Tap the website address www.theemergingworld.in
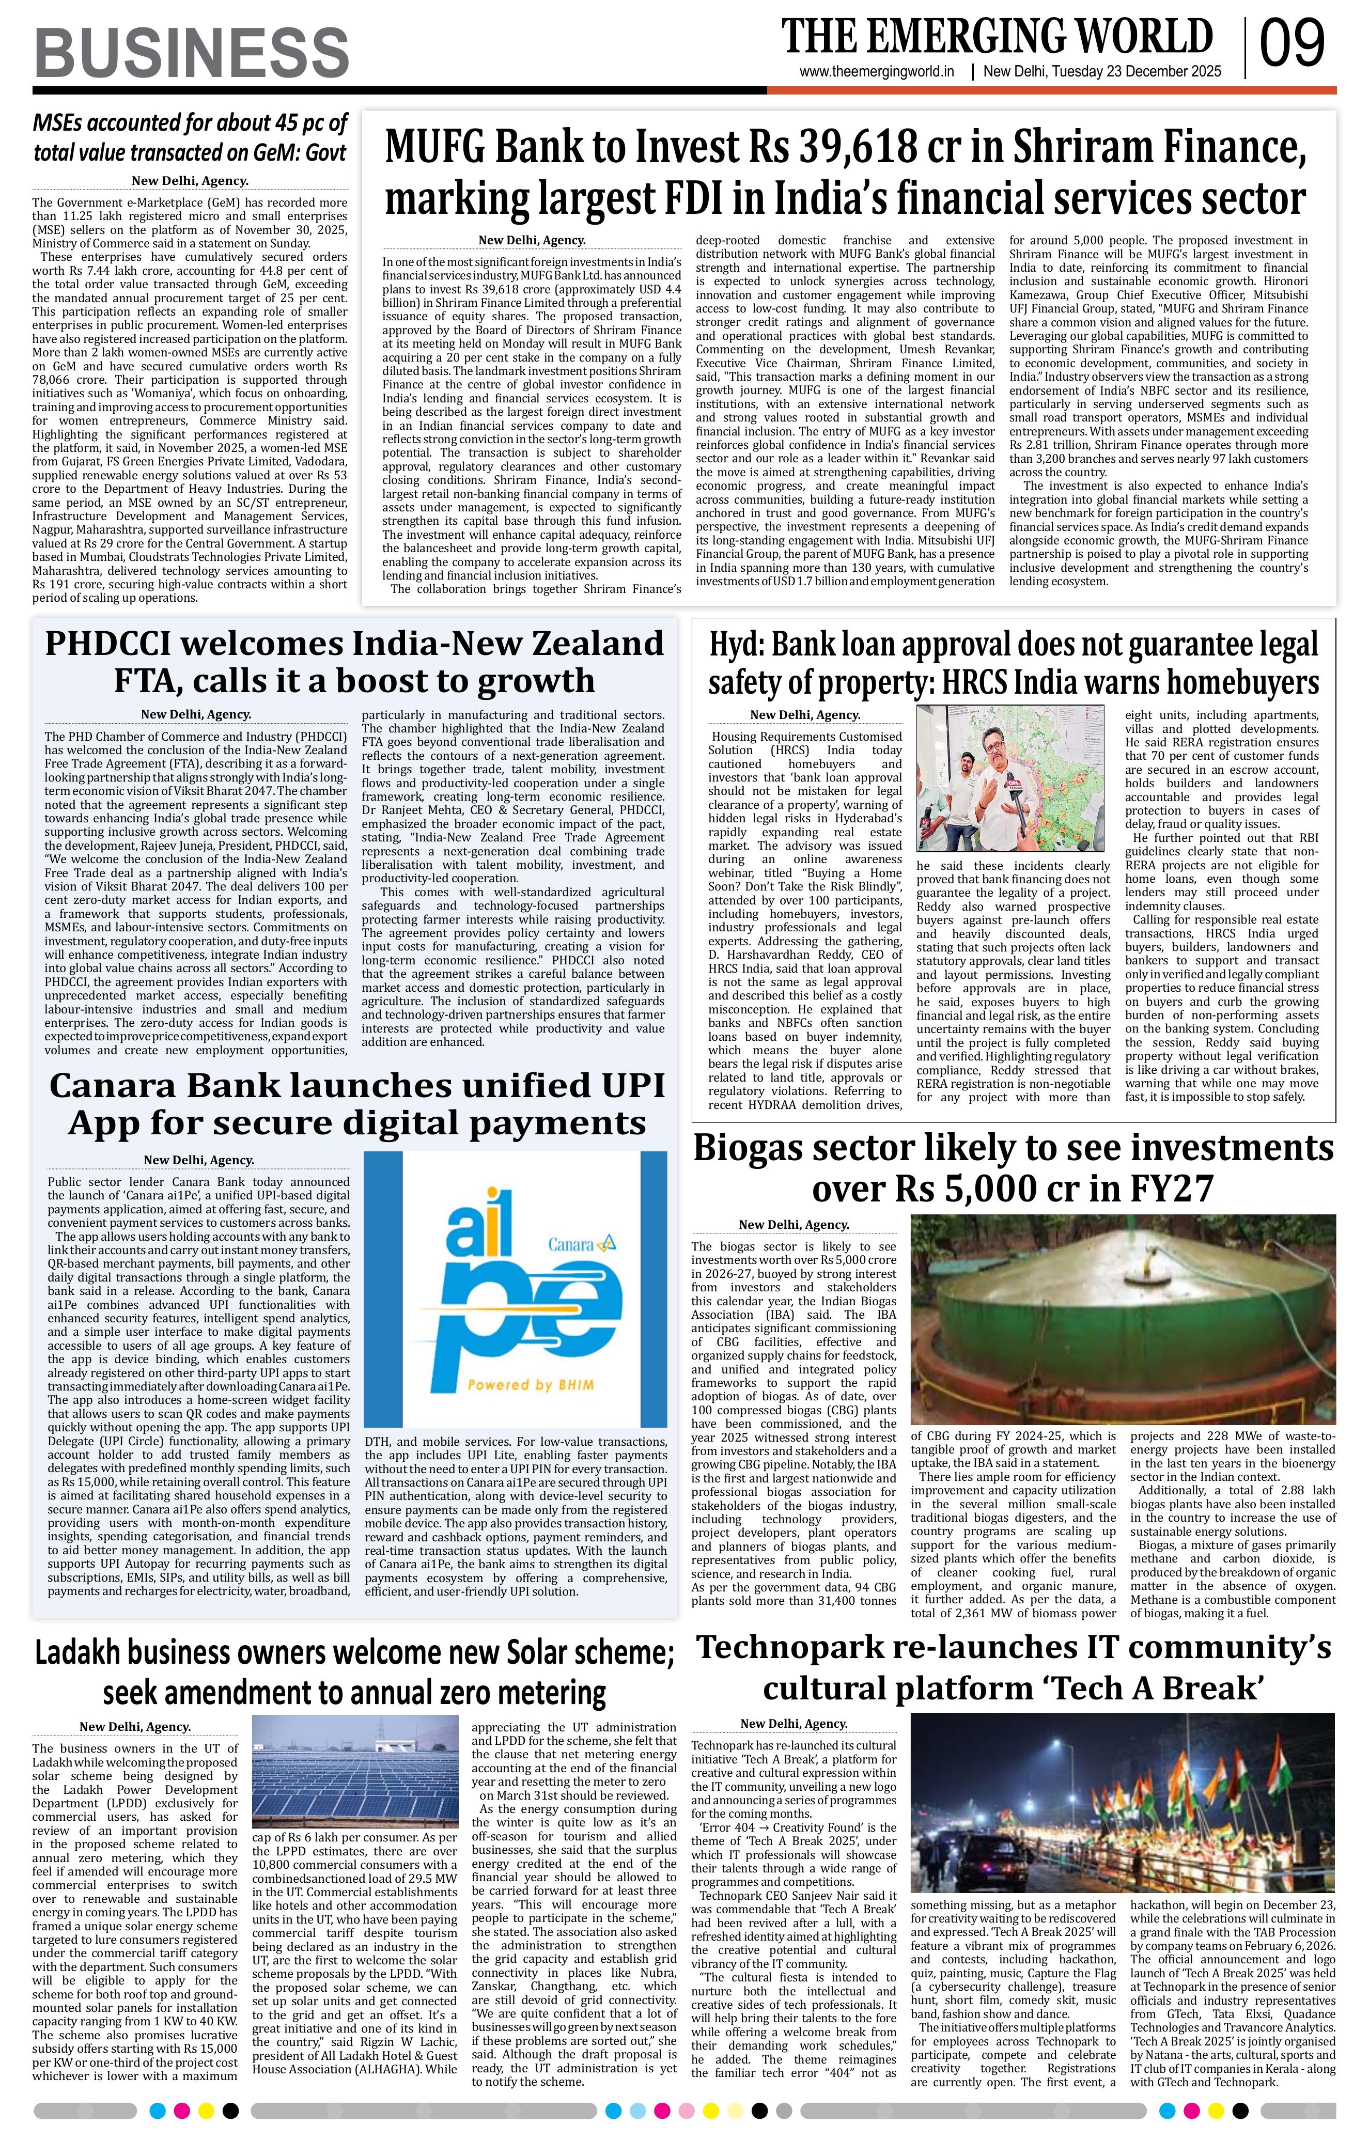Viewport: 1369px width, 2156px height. pos(877,72)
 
